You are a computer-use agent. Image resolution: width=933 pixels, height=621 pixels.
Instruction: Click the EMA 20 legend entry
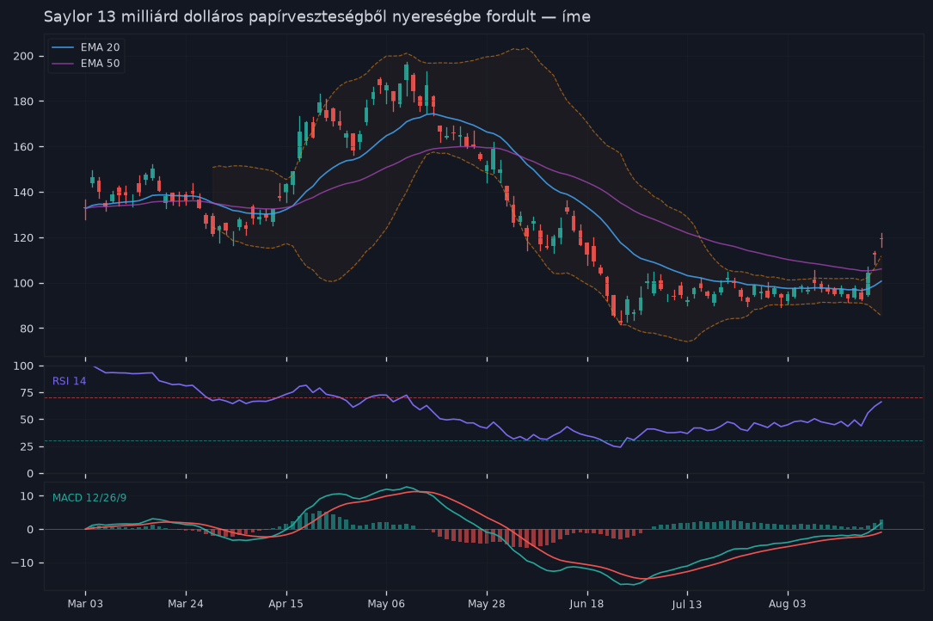click(86, 47)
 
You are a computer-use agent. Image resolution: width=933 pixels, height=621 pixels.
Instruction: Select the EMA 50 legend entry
click(86, 63)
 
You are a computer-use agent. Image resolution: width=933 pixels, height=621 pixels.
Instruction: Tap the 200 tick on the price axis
click(24, 56)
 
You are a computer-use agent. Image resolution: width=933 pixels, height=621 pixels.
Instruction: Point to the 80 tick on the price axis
click(27, 328)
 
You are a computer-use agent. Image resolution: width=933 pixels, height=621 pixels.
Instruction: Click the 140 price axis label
click(24, 193)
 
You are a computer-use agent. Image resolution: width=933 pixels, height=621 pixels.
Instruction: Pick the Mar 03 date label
click(85, 604)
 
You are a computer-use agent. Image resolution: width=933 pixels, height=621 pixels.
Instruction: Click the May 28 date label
click(486, 604)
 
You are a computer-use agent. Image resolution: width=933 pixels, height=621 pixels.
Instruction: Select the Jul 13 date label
click(687, 604)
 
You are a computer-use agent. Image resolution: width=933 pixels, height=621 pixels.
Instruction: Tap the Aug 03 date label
click(787, 604)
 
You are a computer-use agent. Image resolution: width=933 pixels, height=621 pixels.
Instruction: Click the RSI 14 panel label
click(69, 381)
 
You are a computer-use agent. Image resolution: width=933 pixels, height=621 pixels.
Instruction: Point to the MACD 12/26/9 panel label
click(89, 498)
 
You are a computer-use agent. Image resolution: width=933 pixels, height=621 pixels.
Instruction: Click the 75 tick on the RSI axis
click(28, 393)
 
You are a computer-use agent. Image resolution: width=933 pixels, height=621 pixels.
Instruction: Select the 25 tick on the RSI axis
click(28, 446)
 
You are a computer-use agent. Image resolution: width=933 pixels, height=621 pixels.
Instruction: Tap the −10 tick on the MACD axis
click(24, 563)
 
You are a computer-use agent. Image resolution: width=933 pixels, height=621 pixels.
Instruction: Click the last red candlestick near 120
click(881, 240)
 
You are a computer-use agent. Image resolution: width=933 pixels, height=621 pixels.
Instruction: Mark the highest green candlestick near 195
click(407, 72)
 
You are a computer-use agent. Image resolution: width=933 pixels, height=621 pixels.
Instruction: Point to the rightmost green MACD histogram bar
click(881, 524)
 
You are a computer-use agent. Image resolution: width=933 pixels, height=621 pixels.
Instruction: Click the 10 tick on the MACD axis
click(28, 496)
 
